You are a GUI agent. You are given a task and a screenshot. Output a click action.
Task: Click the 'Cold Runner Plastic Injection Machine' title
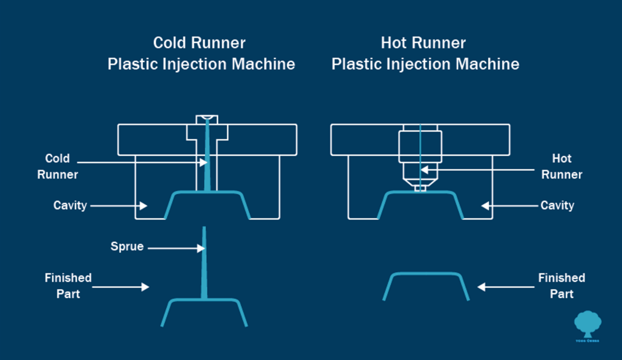point(201,53)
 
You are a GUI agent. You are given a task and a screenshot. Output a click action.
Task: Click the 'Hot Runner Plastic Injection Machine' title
point(425,53)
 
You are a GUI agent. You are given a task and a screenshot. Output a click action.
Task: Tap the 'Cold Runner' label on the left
point(57,166)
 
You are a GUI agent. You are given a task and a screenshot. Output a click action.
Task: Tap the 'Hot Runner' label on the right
point(561,166)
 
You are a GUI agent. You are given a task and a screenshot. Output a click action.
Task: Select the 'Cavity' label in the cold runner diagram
point(70,205)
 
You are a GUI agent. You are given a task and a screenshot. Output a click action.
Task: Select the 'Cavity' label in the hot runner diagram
point(557,205)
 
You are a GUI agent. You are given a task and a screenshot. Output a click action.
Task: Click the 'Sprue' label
point(126,246)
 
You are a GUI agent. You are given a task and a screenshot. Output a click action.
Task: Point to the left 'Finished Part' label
point(68,286)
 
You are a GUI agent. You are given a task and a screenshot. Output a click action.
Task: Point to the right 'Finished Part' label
point(561,286)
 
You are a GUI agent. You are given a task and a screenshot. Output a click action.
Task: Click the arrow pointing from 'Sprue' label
point(176,248)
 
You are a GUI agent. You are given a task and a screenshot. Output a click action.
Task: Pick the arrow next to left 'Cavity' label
point(119,206)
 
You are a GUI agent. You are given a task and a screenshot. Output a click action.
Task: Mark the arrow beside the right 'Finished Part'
point(505,286)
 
